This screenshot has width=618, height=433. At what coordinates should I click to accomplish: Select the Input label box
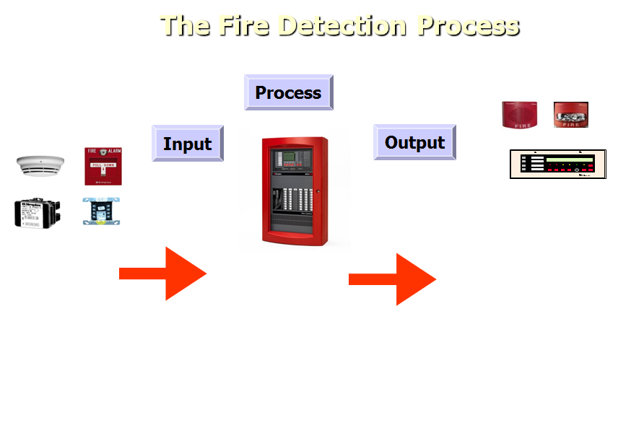click(187, 144)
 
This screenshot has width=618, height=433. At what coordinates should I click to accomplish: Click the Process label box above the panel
click(288, 92)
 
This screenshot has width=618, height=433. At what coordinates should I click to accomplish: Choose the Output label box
click(414, 142)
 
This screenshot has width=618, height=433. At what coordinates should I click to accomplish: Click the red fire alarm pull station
click(103, 166)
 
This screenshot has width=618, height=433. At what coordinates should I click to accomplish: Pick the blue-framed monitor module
click(101, 211)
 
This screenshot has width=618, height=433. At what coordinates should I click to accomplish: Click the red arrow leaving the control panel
click(393, 279)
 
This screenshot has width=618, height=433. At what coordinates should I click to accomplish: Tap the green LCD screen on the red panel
click(289, 157)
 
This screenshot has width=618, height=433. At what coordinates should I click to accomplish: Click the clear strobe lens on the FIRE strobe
click(570, 111)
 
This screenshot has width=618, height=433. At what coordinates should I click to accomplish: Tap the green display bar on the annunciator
click(569, 159)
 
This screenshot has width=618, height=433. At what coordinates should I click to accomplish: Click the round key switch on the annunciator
click(576, 170)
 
